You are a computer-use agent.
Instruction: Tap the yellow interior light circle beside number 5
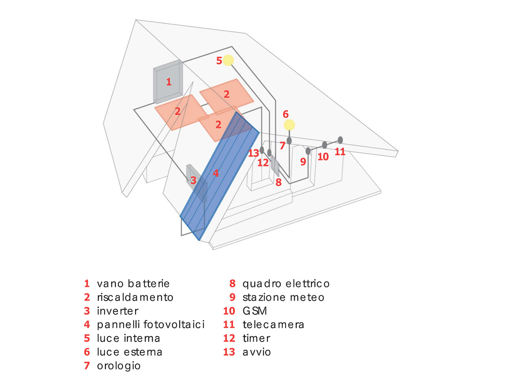(229, 60)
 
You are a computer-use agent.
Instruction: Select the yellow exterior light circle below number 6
(289, 125)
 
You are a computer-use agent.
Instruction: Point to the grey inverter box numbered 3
(197, 183)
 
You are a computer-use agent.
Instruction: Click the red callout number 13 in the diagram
(254, 153)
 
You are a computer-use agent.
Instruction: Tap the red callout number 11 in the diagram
(340, 152)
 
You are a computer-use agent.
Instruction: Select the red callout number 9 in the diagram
(303, 162)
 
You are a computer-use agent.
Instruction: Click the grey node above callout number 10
(324, 145)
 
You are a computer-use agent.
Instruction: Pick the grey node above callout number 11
(340, 140)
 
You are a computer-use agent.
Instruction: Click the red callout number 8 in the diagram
(278, 183)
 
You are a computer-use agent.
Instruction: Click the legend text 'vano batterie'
(133, 284)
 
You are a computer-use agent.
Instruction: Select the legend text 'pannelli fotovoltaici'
(151, 325)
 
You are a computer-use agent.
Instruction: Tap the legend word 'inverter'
(118, 311)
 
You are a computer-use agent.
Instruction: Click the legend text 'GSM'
(255, 311)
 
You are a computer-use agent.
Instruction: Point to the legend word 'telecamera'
(273, 325)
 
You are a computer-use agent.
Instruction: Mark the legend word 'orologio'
(119, 365)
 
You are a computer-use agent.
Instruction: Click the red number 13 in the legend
(229, 352)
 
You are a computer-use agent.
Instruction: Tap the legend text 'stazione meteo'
(283, 297)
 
